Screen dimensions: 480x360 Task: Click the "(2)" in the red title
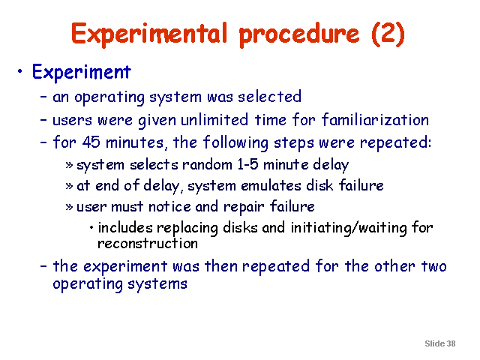tap(388, 34)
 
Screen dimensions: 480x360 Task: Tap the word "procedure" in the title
tap(299, 35)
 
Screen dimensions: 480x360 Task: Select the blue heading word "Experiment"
tap(82, 73)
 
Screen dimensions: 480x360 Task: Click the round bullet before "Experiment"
tap(20, 72)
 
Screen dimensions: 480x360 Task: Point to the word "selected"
tap(270, 97)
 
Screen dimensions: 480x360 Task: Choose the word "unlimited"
tap(214, 119)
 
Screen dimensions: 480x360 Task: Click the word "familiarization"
tap(375, 119)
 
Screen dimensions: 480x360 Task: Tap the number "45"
tap(91, 142)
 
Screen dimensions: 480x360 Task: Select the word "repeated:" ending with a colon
tap(395, 143)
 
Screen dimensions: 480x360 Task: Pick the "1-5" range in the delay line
tap(248, 165)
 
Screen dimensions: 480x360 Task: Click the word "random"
tap(207, 165)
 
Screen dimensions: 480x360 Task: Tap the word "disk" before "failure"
tap(319, 185)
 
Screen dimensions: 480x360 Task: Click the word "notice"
tap(169, 207)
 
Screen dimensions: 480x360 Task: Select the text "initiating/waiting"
tap(348, 228)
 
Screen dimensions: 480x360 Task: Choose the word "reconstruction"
tap(148, 244)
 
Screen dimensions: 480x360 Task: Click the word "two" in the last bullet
tap(434, 266)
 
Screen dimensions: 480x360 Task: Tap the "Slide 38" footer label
tap(440, 343)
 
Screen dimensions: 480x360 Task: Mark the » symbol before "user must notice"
tap(69, 207)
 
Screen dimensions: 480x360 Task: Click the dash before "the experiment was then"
tap(43, 266)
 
